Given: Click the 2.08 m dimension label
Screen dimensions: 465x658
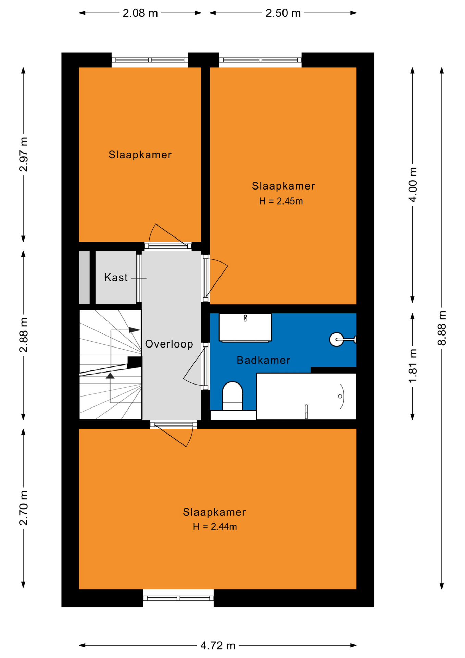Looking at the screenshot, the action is [140, 13].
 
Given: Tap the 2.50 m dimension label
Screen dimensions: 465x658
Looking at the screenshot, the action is [283, 13].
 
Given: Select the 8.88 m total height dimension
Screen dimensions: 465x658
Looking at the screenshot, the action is [442, 328].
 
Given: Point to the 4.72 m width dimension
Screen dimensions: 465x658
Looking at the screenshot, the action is [218, 646].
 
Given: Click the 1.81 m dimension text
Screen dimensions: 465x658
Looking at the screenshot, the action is [413, 366].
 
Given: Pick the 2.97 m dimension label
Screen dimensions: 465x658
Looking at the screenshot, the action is [23, 154].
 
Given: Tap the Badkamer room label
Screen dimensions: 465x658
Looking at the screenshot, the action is [263, 360].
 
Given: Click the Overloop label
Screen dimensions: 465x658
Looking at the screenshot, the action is [169, 344].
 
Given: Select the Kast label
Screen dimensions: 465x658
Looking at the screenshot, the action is [116, 277].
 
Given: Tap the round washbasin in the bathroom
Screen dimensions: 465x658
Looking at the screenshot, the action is [337, 339].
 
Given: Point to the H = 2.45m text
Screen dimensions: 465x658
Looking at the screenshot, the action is [281, 201].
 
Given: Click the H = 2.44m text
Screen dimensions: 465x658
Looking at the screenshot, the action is [215, 526].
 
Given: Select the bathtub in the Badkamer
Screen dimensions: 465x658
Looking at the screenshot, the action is [306, 396].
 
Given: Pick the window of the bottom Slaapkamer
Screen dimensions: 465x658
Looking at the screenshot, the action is [178, 598].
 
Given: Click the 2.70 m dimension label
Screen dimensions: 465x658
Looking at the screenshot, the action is [23, 508].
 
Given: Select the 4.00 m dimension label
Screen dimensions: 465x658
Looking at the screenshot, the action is [413, 184].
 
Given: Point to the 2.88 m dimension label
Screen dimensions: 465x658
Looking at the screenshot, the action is [23, 335].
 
